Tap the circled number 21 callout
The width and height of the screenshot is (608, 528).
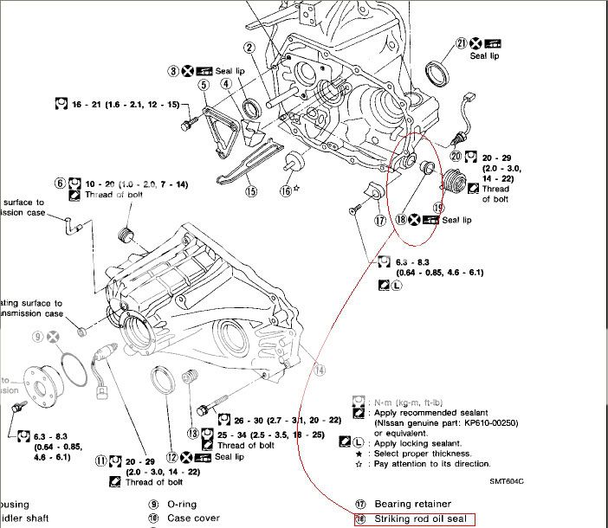coord(462,42)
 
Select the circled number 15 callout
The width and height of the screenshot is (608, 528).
coord(251,192)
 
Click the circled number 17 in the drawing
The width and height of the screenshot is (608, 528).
coord(380,221)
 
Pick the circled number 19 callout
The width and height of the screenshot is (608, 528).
coord(438,208)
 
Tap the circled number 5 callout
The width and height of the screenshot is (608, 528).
coord(204,85)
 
